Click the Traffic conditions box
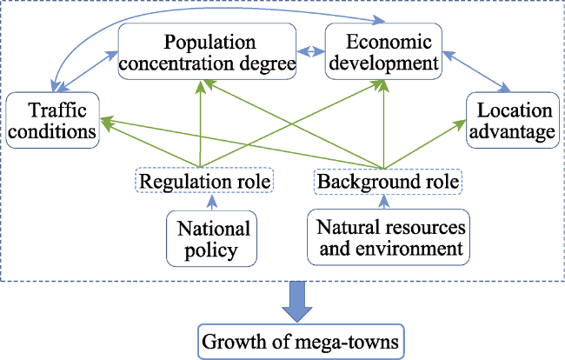pyautogui.click(x=53, y=120)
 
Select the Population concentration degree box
pyautogui.click(x=207, y=51)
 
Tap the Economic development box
pyautogui.click(x=383, y=51)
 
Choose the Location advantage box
pyautogui.click(x=513, y=120)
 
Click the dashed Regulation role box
pyautogui.click(x=204, y=180)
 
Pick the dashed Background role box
pyautogui.click(x=388, y=181)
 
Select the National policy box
pyautogui.click(x=211, y=238)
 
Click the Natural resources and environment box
pyautogui.click(x=389, y=237)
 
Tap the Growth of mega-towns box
pyautogui.click(x=301, y=342)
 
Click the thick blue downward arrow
pyautogui.click(x=297, y=302)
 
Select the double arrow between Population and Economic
pyautogui.click(x=310, y=51)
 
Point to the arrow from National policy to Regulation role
pyautogui.click(x=212, y=202)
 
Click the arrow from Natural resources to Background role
pyautogui.click(x=384, y=202)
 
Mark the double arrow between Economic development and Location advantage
pyautogui.click(x=476, y=71)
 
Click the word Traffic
pyautogui.click(x=57, y=110)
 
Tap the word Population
pyautogui.click(x=209, y=42)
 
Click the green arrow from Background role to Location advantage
pyautogui.click(x=425, y=144)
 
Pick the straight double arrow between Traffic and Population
pyautogui.click(x=87, y=71)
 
